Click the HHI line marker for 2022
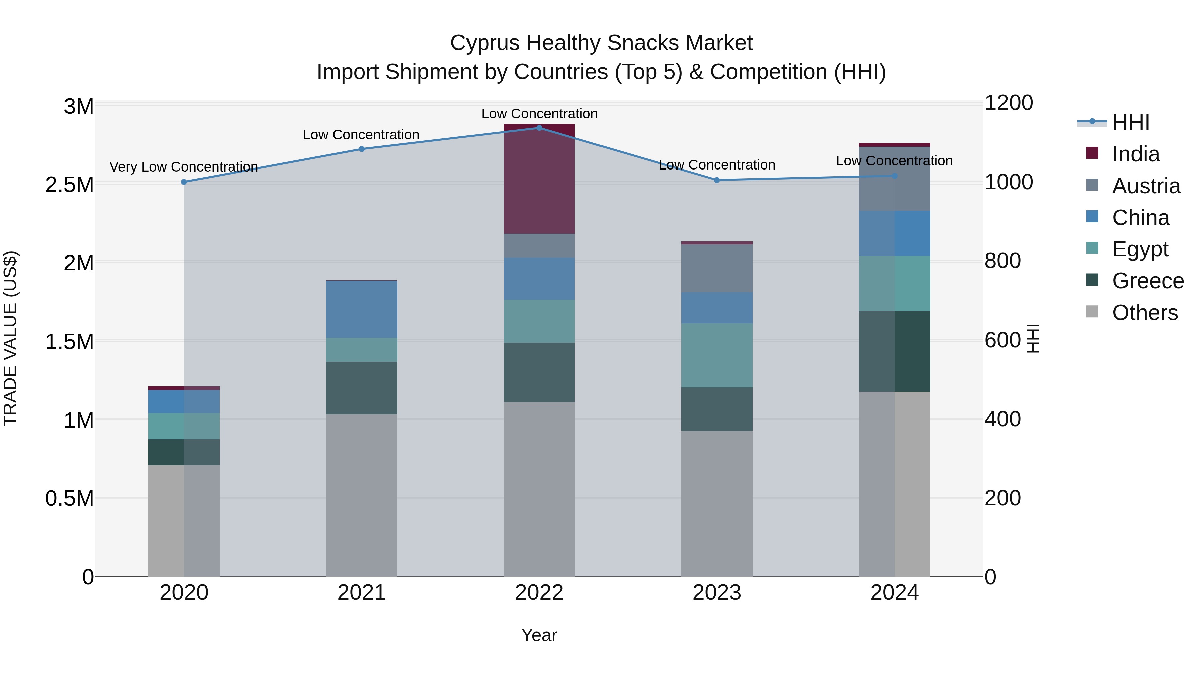pyautogui.click(x=539, y=128)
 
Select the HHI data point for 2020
pyautogui.click(x=184, y=182)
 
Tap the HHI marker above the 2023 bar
pyautogui.click(x=717, y=180)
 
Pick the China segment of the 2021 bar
pyautogui.click(x=362, y=309)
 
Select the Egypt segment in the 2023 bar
pyautogui.click(x=717, y=355)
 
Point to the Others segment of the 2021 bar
pyautogui.click(x=362, y=495)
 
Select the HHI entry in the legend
pyautogui.click(x=1130, y=122)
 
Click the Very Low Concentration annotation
pyautogui.click(x=183, y=167)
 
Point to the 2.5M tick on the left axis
pyautogui.click(x=70, y=185)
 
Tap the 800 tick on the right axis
pyautogui.click(x=1002, y=261)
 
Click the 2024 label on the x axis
pyautogui.click(x=894, y=593)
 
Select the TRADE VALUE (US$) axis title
pyautogui.click(x=10, y=338)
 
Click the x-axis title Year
pyautogui.click(x=539, y=635)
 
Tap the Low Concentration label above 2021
pyautogui.click(x=361, y=134)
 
